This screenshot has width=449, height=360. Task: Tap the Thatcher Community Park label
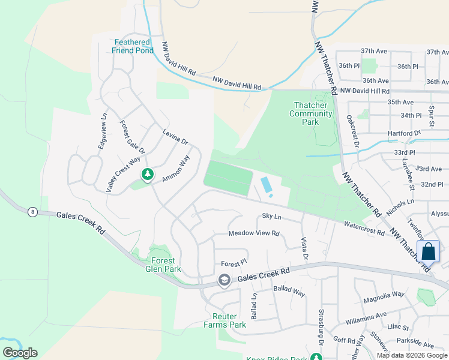point(310,113)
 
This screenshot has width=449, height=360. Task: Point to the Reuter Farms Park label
point(229,320)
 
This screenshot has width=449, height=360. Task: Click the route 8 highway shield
point(32,211)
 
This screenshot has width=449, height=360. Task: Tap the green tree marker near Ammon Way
point(147,175)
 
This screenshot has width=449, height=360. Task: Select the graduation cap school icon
point(224,280)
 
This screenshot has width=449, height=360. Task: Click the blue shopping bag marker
point(428,251)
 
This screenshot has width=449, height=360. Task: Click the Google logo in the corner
point(20,353)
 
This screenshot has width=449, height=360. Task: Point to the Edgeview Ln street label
point(103,131)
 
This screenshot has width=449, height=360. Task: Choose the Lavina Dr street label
point(175,137)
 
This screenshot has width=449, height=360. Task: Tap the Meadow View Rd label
point(254,233)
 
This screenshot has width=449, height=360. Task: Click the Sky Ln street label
point(271,216)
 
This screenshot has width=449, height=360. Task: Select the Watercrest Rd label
point(364,229)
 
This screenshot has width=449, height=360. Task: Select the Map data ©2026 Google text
point(411,355)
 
